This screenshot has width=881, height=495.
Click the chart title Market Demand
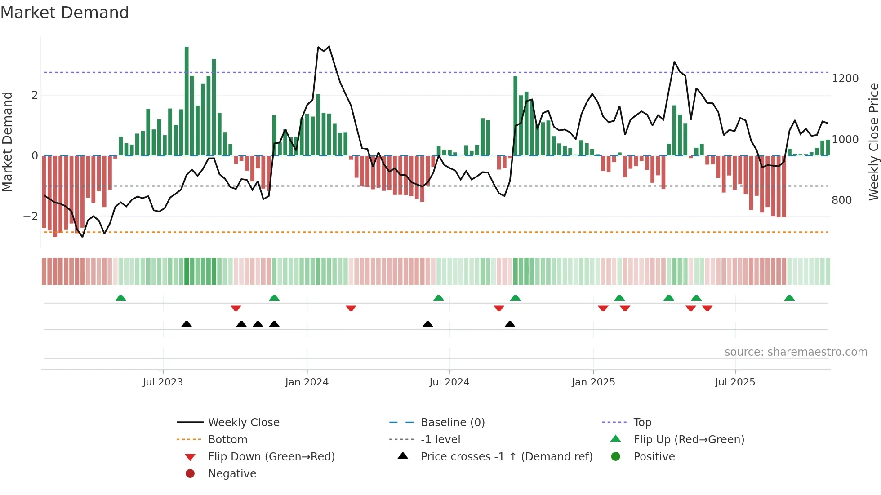pyautogui.click(x=65, y=13)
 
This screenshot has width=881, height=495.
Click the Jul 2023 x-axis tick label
pyautogui.click(x=163, y=382)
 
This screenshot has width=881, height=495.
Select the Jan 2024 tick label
pyautogui.click(x=307, y=382)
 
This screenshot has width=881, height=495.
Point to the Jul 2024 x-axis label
pyautogui.click(x=449, y=382)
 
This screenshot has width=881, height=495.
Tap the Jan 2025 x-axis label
pyautogui.click(x=593, y=382)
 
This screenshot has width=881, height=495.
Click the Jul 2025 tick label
pyautogui.click(x=735, y=382)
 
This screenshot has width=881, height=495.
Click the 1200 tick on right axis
pyautogui.click(x=845, y=79)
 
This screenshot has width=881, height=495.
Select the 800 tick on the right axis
pyautogui.click(x=841, y=200)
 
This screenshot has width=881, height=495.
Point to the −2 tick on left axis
pyautogui.click(x=31, y=217)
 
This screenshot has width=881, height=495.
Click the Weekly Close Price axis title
pyautogui.click(x=873, y=141)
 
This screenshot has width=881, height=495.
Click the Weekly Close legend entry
pyautogui.click(x=243, y=423)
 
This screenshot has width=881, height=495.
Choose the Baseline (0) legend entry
pyautogui.click(x=452, y=423)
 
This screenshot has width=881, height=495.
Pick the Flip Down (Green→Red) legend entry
pyautogui.click(x=271, y=457)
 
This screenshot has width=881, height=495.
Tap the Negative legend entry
pyautogui.click(x=232, y=474)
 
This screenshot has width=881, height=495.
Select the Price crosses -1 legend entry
pyautogui.click(x=506, y=457)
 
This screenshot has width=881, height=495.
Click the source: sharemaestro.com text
pyautogui.click(x=796, y=352)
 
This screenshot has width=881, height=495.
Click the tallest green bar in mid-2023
pyautogui.click(x=187, y=101)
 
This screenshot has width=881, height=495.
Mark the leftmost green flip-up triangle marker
pyautogui.click(x=120, y=298)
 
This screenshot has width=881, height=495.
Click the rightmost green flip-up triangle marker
pyautogui.click(x=789, y=298)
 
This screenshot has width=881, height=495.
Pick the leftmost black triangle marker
pyautogui.click(x=187, y=324)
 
